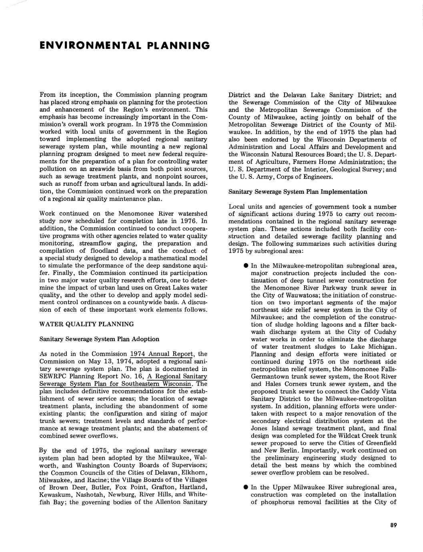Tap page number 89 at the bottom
(x=393, y=526)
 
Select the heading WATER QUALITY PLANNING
(x=86, y=324)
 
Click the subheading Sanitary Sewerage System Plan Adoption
(x=99, y=339)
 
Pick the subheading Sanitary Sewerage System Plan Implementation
(x=297, y=192)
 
